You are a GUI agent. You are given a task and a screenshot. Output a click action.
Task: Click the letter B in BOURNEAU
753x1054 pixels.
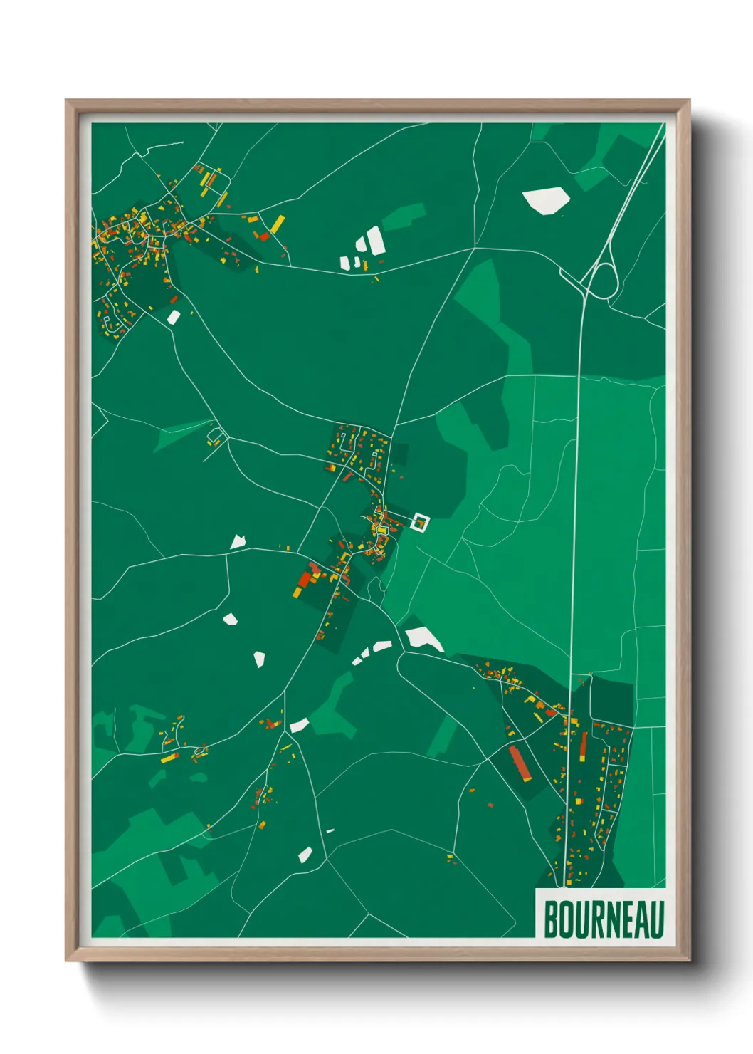(551, 919)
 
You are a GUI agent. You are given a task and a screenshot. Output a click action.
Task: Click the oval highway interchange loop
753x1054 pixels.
(602, 281)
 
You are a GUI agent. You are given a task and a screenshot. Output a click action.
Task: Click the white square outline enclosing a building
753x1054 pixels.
(421, 523)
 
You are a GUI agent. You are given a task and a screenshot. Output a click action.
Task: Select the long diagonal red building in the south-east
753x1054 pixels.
(520, 763)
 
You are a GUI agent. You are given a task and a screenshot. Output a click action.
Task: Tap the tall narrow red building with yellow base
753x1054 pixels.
(584, 747)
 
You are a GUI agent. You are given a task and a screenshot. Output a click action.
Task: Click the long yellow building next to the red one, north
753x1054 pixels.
(276, 224)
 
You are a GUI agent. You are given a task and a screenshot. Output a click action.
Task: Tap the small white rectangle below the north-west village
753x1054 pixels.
(173, 317)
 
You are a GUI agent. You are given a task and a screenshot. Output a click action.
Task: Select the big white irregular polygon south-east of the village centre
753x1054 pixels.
(424, 638)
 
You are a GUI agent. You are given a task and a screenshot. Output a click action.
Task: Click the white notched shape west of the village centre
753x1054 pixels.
(238, 543)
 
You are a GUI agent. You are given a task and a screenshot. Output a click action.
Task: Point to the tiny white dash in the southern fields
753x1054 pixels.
(330, 830)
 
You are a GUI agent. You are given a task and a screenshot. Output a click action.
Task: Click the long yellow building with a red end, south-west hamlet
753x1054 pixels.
(169, 758)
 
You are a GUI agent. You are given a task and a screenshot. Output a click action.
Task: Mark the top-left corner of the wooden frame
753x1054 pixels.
(67, 101)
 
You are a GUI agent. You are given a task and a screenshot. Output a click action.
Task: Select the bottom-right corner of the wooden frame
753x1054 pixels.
(689, 960)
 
